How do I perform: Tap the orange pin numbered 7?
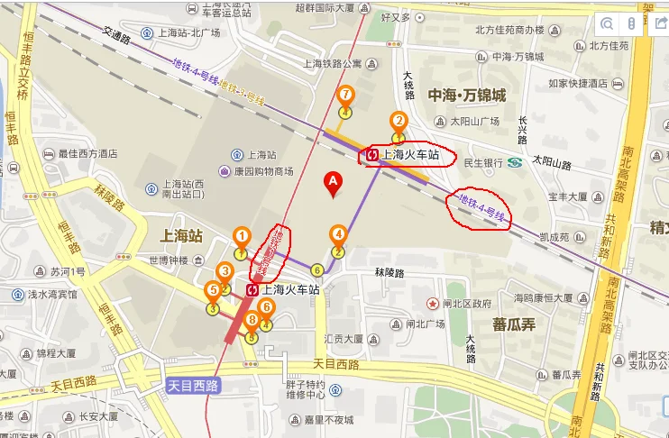[344, 96]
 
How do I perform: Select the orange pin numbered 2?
[398, 121]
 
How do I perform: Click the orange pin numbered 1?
[241, 237]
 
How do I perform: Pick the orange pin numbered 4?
[338, 235]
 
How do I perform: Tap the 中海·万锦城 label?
[466, 95]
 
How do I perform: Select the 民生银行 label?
[482, 163]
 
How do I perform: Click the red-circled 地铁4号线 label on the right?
[478, 211]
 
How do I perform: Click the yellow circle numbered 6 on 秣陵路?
[316, 269]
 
